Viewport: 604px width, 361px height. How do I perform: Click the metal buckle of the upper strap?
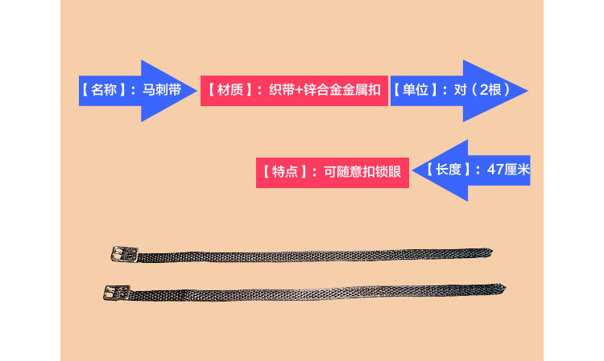click(122, 254)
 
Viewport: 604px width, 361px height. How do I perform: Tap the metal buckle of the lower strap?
click(115, 291)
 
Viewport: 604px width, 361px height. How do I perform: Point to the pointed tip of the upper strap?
click(490, 252)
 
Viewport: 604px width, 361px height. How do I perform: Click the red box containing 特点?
click(333, 170)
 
